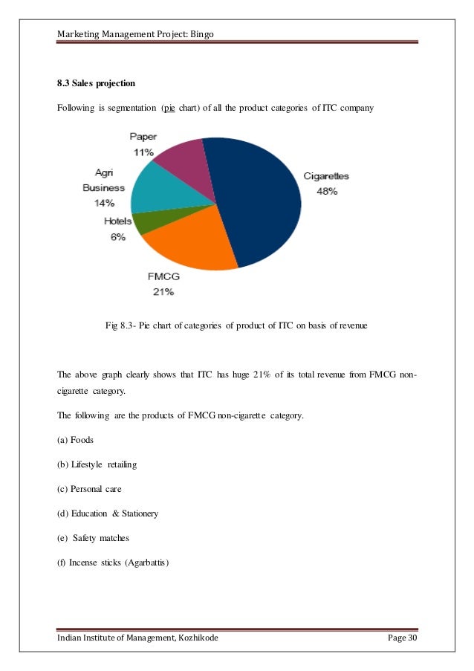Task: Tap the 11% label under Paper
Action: coord(143,152)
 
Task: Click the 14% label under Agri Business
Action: coord(103,203)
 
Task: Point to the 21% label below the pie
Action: coord(163,292)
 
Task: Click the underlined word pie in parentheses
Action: coord(169,108)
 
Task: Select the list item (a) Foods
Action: coord(75,440)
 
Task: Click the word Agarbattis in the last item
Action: coord(146,562)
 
